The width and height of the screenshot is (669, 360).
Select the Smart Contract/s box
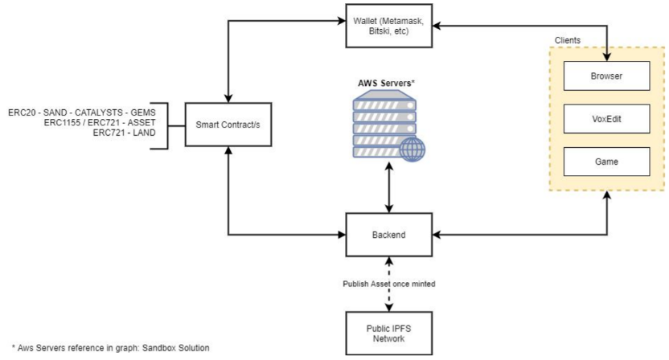point(231,125)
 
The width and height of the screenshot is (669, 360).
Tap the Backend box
point(388,235)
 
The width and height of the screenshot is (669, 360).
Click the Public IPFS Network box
point(388,333)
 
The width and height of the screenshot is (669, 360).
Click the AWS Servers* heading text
point(388,83)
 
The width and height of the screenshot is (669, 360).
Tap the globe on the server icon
point(414,149)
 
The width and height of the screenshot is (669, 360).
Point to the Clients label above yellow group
point(569,39)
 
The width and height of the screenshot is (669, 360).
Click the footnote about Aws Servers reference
point(106,348)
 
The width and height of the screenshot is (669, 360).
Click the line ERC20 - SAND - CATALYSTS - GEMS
point(81,112)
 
